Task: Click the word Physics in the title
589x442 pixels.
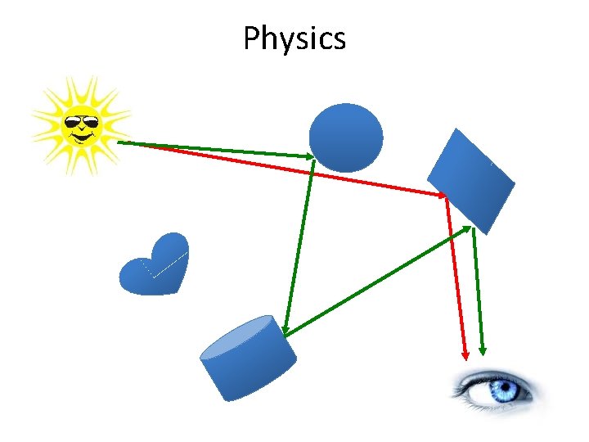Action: pos(294,38)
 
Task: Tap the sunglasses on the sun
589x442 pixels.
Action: pos(81,124)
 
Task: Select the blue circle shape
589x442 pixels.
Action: pos(346,137)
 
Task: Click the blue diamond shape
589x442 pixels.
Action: pos(471,180)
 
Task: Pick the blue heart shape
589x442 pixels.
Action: pos(155,266)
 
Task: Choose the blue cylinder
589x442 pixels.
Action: pos(248,360)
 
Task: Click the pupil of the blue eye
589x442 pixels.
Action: pos(501,389)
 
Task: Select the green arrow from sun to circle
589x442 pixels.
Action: pos(217,149)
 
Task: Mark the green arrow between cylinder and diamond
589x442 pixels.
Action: pos(376,281)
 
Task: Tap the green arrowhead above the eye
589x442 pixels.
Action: pos(483,350)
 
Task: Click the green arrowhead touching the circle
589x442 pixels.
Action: pos(309,156)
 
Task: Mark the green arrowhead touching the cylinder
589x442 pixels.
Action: pos(285,329)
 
